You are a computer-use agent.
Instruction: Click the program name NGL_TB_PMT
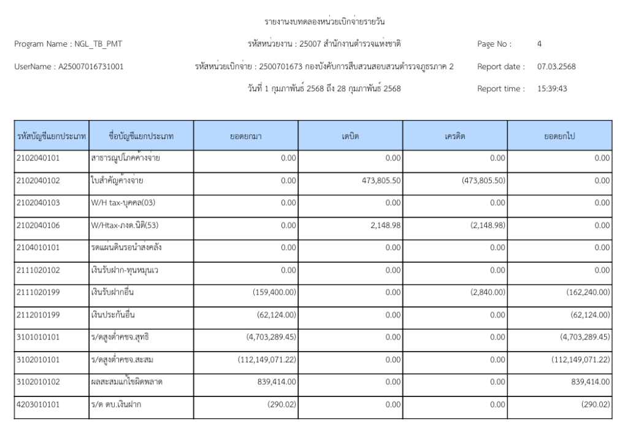[x=97, y=44]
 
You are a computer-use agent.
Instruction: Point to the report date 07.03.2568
[x=556, y=66]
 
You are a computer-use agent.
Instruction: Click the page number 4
[x=539, y=44]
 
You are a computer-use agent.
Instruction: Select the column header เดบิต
[x=350, y=135]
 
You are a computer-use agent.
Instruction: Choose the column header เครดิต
[x=454, y=135]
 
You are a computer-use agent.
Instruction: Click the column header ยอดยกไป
[x=559, y=135]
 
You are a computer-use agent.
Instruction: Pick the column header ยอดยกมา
[x=246, y=135]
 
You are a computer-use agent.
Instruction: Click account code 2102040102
[x=38, y=180]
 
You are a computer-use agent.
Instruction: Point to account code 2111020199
[x=38, y=292]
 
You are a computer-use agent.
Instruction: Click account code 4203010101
[x=38, y=404]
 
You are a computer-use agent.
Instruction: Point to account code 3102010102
[x=38, y=381]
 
